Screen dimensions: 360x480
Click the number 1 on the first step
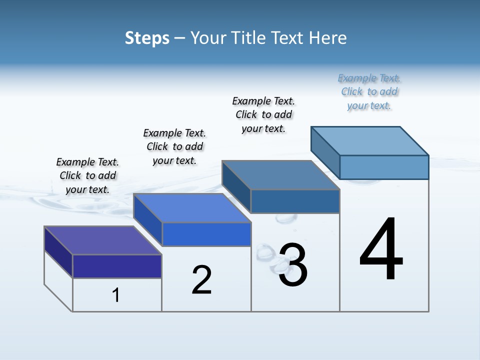point(116,295)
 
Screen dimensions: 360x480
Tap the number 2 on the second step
point(201,279)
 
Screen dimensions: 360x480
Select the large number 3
point(293,265)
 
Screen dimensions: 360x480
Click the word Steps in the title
point(147,38)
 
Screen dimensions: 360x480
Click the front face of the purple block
point(117,266)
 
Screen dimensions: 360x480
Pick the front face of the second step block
point(206,234)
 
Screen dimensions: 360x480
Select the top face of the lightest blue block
point(370,140)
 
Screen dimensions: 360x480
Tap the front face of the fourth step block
point(384,167)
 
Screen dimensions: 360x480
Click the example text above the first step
point(87,175)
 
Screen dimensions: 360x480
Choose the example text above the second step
point(174,146)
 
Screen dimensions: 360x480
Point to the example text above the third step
point(263,114)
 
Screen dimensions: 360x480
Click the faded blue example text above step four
point(369,91)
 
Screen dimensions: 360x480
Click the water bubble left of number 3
point(263,254)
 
